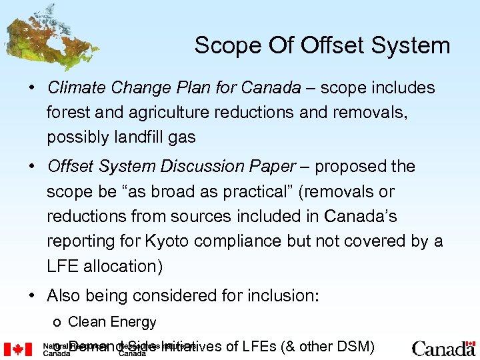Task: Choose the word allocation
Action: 118,266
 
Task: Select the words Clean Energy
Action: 112,322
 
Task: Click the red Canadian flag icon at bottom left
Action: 18,348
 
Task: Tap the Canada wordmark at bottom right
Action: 443,348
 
